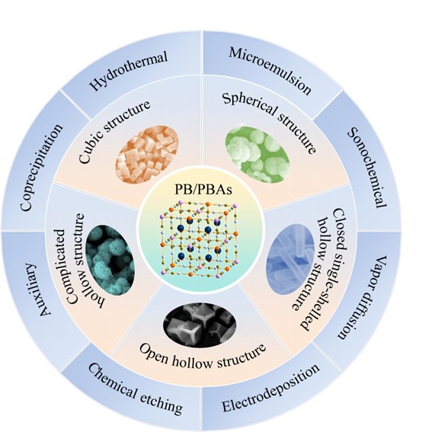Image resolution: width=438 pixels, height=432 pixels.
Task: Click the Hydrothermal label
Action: (129, 71)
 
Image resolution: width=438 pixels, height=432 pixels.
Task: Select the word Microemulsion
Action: (270, 71)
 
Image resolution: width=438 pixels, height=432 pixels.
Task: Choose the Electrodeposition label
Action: (270, 387)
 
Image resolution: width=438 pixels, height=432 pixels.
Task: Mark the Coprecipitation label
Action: (42, 167)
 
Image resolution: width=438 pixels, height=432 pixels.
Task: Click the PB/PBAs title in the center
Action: (203, 190)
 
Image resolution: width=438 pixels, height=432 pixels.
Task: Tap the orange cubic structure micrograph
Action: (148, 155)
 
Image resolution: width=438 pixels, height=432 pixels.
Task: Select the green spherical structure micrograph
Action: (257, 154)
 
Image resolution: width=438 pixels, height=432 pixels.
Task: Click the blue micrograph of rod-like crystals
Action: (291, 259)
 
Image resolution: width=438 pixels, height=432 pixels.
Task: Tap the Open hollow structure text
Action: (203, 356)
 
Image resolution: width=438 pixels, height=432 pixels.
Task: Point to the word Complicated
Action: (63, 267)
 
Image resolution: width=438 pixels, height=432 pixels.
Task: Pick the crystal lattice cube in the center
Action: (199, 239)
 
